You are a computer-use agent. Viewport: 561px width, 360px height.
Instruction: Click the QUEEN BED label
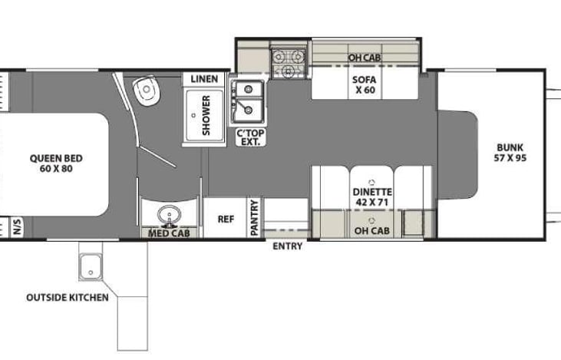point(56,163)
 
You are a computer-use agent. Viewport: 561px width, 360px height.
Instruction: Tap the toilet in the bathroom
point(146,91)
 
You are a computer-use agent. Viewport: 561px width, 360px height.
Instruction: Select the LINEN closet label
point(204,79)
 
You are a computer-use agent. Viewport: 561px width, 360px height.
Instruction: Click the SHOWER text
point(206,115)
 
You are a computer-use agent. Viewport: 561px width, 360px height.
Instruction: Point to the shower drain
point(193,115)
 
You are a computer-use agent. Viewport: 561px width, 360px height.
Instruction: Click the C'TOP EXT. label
point(250,137)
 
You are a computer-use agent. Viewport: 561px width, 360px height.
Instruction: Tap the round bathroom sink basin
point(169,215)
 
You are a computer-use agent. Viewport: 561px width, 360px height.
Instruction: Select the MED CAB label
point(169,233)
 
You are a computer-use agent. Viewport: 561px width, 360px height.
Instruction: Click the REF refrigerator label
point(226,219)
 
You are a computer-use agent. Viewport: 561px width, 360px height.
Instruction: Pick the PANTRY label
point(254,218)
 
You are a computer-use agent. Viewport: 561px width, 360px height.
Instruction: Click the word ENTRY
point(287,246)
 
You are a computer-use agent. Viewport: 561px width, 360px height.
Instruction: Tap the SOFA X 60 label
point(365,84)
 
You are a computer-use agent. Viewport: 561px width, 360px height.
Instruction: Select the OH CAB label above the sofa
point(365,58)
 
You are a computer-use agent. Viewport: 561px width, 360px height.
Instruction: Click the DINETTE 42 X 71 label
point(372,197)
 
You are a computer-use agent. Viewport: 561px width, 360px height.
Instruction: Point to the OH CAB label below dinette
point(371,231)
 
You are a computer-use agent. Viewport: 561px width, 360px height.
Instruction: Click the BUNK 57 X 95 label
point(510,153)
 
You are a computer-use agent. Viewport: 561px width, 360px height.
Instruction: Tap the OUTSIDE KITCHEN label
point(68,297)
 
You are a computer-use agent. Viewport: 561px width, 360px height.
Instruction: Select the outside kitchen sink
point(91,266)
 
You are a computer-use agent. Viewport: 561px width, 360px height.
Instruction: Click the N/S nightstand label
point(17,227)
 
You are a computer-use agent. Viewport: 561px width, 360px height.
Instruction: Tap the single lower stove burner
point(288,71)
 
